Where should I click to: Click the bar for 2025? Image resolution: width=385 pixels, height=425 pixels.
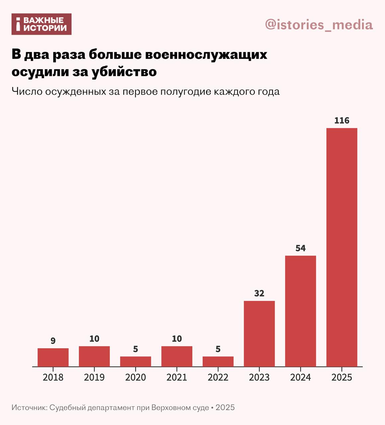click(342, 247)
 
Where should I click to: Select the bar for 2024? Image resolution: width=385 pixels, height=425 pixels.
click(300, 311)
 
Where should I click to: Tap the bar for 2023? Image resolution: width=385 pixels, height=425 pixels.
click(259, 334)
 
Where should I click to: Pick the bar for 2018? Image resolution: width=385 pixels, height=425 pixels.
click(53, 357)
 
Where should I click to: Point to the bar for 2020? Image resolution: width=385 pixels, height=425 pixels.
click(136, 362)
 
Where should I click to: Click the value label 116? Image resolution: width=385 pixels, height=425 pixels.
click(342, 121)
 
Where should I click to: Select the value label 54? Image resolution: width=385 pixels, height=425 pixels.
click(300, 248)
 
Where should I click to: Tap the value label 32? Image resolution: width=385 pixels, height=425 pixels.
click(259, 294)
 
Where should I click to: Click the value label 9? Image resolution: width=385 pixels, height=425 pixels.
click(53, 341)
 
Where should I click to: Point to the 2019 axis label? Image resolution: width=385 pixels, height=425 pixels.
click(94, 378)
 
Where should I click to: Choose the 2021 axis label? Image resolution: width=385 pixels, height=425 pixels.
click(177, 378)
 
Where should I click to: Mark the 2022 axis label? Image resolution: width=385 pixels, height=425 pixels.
click(218, 378)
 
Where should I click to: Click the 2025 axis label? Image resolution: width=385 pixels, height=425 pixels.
click(342, 378)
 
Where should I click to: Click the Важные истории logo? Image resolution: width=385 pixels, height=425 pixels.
click(42, 24)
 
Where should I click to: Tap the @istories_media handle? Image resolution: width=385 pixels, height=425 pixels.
click(319, 25)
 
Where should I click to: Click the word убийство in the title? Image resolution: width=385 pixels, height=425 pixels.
click(124, 72)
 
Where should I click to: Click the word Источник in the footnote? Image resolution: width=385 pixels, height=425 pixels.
click(29, 407)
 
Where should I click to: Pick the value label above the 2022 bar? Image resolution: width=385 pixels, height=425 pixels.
click(218, 349)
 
